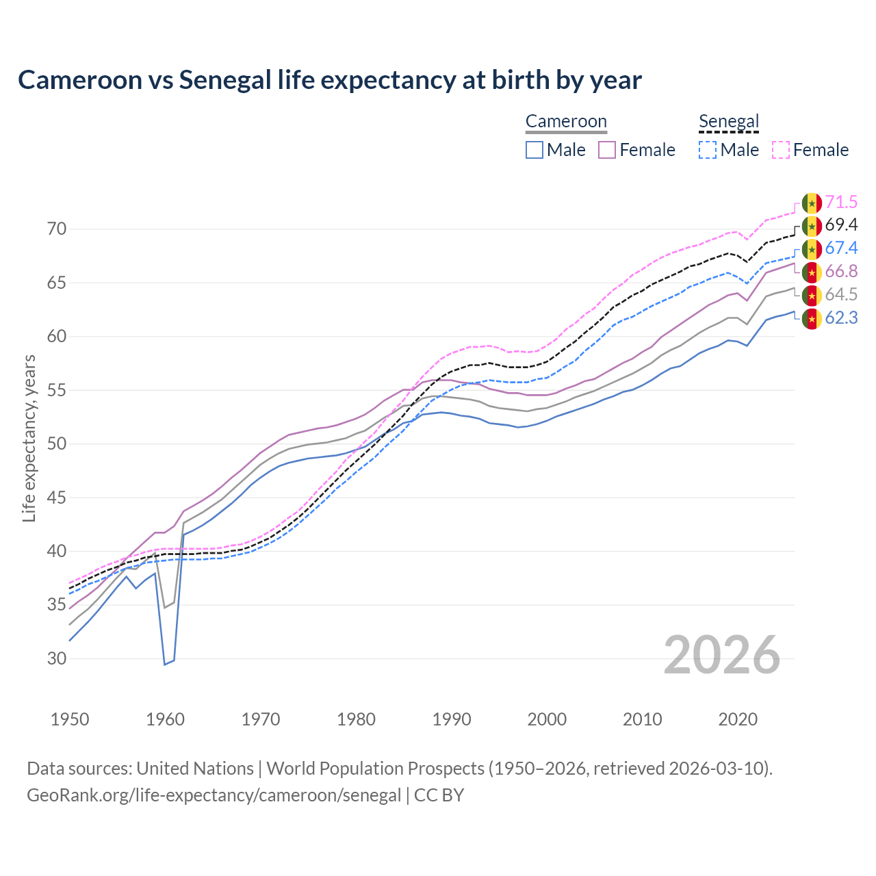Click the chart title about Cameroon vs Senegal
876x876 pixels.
pyautogui.click(x=329, y=80)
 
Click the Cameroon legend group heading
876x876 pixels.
pyautogui.click(x=566, y=122)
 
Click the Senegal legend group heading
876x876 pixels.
pyautogui.click(x=729, y=122)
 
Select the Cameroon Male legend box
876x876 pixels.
pyautogui.click(x=534, y=150)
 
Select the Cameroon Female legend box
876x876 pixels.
pyautogui.click(x=607, y=150)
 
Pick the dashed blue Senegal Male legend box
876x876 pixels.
pyautogui.click(x=708, y=150)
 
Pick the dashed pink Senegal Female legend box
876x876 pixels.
pyautogui.click(x=781, y=150)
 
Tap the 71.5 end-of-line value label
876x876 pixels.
pyautogui.click(x=841, y=203)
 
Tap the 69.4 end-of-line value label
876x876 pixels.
pyautogui.click(x=841, y=225)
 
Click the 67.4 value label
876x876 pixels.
pyautogui.click(x=841, y=248)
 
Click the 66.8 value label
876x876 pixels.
pyautogui.click(x=841, y=272)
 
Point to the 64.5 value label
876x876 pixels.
pyautogui.click(x=841, y=295)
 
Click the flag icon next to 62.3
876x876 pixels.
pyautogui.click(x=812, y=318)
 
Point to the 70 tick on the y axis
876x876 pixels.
pyautogui.click(x=57, y=229)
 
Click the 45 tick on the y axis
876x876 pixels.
pyautogui.click(x=57, y=498)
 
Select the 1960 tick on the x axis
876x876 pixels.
pyautogui.click(x=166, y=719)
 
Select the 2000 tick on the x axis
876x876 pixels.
pyautogui.click(x=547, y=719)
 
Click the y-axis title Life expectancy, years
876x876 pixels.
pyautogui.click(x=29, y=438)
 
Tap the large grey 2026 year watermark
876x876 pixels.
pyautogui.click(x=722, y=655)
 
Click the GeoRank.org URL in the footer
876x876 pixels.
pyautogui.click(x=214, y=795)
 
